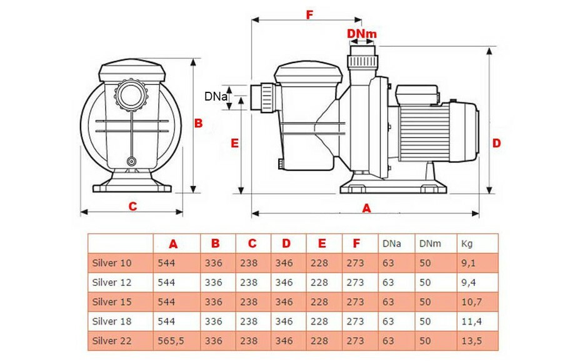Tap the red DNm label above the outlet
click(362, 32)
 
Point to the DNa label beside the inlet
click(215, 96)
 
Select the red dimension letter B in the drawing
click(198, 124)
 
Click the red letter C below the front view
click(132, 206)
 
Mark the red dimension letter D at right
click(496, 143)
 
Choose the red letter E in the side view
click(235, 143)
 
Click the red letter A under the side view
click(367, 209)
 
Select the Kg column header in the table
click(466, 243)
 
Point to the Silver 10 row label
click(112, 263)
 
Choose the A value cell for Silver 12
click(167, 282)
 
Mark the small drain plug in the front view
click(131, 161)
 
